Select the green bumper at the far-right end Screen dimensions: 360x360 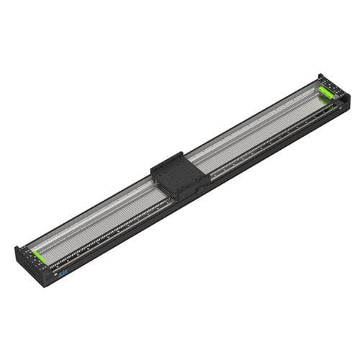point(326,91)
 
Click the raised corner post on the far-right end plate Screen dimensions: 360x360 point(320,77)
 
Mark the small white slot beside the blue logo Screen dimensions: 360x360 point(54,274)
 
